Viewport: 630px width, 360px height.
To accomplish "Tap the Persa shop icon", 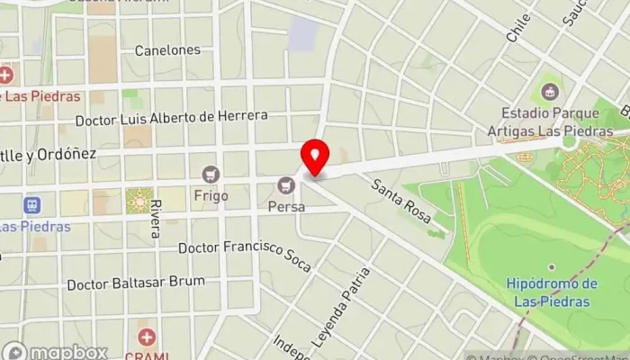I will [x=287, y=185].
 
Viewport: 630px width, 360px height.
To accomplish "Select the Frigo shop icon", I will [x=211, y=174].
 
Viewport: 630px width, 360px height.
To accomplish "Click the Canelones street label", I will [x=167, y=50].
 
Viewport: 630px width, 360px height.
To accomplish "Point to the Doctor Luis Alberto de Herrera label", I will [x=171, y=117].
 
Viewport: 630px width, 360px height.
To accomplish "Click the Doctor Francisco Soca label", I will [x=238, y=247].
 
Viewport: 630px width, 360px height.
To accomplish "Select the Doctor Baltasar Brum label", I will [x=136, y=283].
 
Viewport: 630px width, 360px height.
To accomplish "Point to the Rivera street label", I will [x=156, y=221].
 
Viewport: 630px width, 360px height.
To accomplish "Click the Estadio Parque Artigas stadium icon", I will [x=550, y=91].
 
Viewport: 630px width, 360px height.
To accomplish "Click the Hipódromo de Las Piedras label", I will [x=553, y=292].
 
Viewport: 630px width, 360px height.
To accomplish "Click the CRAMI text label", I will [x=146, y=355].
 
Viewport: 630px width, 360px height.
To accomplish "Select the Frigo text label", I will [x=211, y=195].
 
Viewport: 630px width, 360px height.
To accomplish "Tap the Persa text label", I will [x=287, y=207].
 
